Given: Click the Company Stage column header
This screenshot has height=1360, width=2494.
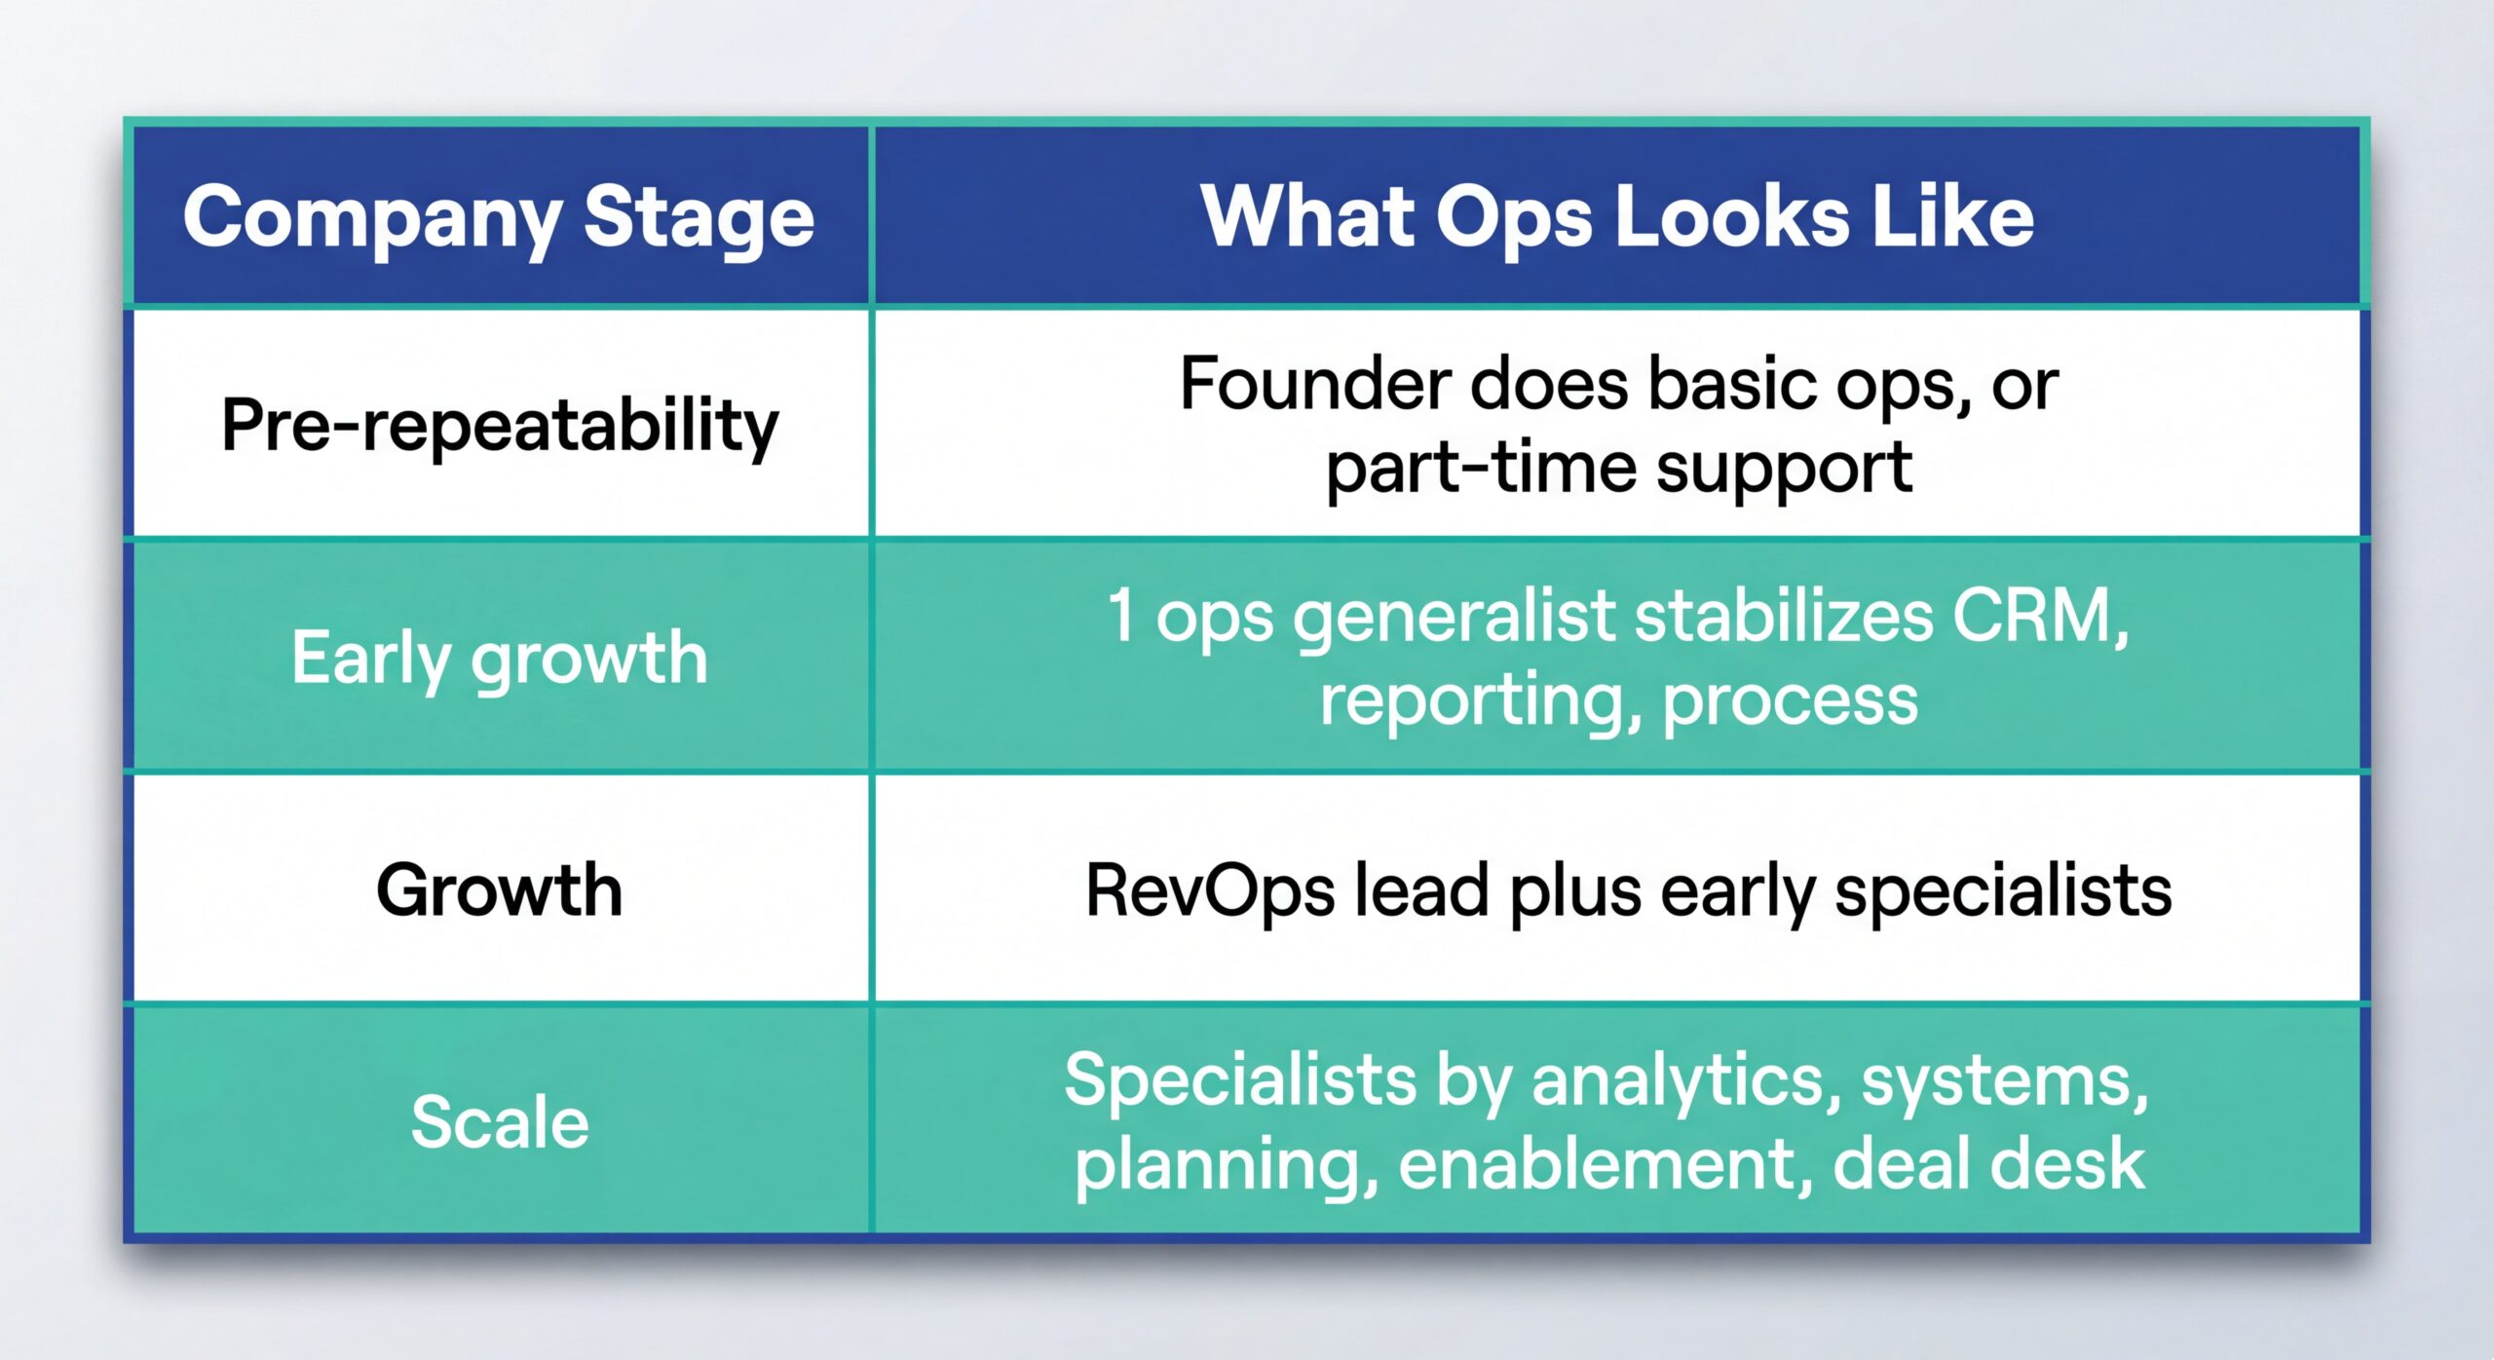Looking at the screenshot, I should (498, 216).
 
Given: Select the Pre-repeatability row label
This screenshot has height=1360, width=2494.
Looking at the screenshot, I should (500, 426).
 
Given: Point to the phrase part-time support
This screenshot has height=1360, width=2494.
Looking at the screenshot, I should (1618, 468).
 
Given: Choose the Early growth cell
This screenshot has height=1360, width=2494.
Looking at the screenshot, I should (499, 658).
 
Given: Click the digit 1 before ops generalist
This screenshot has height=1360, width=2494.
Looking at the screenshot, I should (1121, 616).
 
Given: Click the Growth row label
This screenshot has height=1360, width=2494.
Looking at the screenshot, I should (499, 889).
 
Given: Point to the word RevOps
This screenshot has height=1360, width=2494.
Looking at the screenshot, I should (1209, 890).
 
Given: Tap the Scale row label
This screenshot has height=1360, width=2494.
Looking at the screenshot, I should (500, 1122).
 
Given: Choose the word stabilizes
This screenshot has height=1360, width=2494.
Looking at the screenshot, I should (1783, 616).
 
